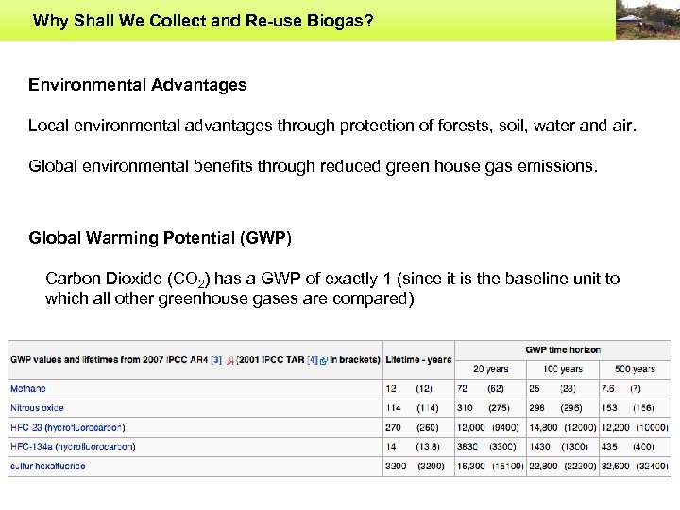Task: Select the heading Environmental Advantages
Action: (x=138, y=85)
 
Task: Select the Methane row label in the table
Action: (x=27, y=388)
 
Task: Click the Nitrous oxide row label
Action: (x=37, y=408)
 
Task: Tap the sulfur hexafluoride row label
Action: (x=47, y=466)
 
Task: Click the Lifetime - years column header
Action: (x=418, y=359)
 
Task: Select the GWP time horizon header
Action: (x=563, y=349)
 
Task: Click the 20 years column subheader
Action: (x=490, y=368)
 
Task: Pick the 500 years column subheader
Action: (x=635, y=368)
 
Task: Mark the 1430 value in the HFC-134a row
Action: (x=539, y=446)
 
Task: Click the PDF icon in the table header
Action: (x=231, y=360)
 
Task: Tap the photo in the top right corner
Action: (x=646, y=20)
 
